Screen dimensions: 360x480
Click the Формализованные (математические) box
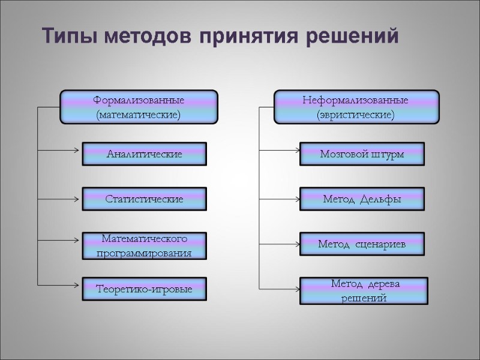139,107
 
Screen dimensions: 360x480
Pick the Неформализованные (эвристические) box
356,107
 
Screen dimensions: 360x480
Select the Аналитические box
144,154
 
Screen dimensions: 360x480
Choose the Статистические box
144,199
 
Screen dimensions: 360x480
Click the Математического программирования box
144,246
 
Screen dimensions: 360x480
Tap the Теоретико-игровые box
144,290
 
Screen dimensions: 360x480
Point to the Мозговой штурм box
362,154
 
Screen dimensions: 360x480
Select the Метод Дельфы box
362,199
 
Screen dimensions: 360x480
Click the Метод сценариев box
362,244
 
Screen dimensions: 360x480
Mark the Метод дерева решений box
364,290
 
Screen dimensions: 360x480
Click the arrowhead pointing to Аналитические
78,150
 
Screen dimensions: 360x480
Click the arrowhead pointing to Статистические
78,197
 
